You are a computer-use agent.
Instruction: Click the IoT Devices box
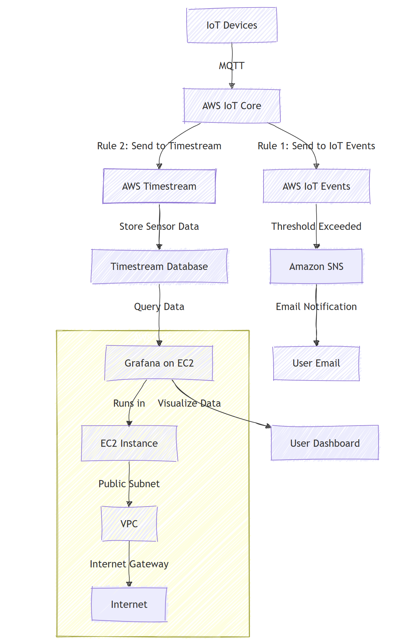click(x=232, y=25)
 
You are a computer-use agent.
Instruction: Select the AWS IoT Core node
click(x=232, y=106)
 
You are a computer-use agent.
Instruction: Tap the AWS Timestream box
click(x=159, y=186)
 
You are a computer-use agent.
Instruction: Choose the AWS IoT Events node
click(x=316, y=186)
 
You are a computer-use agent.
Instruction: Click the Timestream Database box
click(x=159, y=266)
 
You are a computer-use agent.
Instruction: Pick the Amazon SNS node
click(x=316, y=266)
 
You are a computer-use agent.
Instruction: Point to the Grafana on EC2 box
click(x=159, y=363)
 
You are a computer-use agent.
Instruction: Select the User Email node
click(x=316, y=363)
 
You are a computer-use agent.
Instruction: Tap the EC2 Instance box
click(x=129, y=443)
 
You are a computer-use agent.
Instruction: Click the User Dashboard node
click(x=325, y=443)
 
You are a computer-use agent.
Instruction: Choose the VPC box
click(x=129, y=524)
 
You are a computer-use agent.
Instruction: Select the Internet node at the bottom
click(x=129, y=604)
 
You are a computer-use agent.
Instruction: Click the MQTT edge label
click(x=232, y=66)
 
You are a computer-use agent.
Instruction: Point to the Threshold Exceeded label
click(x=316, y=226)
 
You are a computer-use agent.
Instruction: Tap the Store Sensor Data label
click(x=159, y=226)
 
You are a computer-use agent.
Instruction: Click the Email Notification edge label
click(x=316, y=306)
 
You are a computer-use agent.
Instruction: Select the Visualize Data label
click(x=189, y=403)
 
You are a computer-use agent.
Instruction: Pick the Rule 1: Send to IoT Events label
click(x=316, y=146)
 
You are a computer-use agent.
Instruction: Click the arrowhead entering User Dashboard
click(x=269, y=426)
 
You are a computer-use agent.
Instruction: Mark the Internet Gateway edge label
click(x=129, y=564)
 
